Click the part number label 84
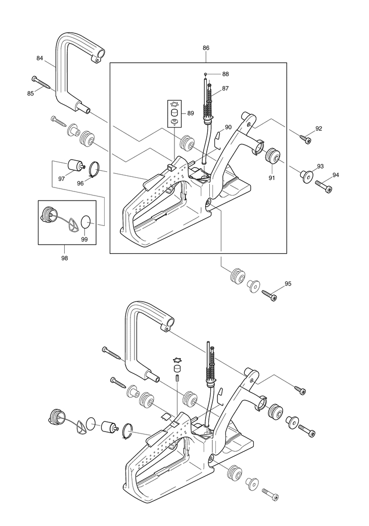(x=39, y=58)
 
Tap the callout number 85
(x=30, y=93)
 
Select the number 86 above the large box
(x=206, y=48)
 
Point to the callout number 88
(x=225, y=74)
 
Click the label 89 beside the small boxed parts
(x=191, y=113)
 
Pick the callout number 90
(x=228, y=127)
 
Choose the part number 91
(x=272, y=178)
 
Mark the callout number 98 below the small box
(x=64, y=258)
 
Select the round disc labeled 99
(x=86, y=222)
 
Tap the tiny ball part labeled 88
(x=205, y=73)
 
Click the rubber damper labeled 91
(x=272, y=155)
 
